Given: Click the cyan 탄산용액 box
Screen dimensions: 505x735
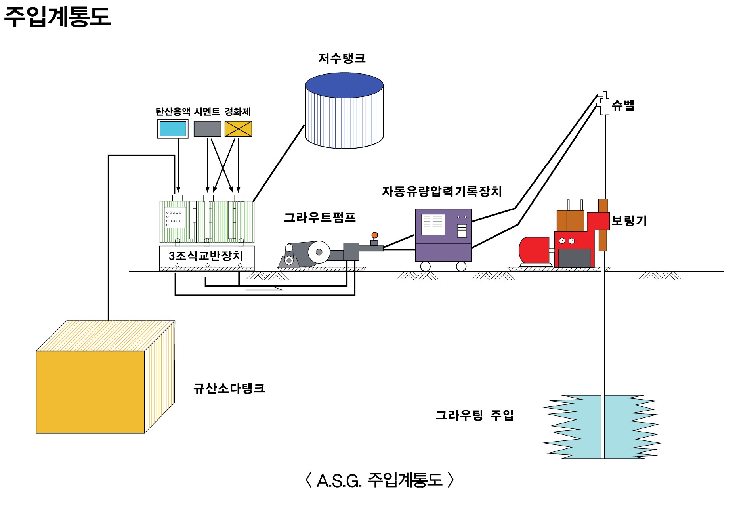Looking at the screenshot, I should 173,129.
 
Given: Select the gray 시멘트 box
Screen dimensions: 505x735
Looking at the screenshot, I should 207,129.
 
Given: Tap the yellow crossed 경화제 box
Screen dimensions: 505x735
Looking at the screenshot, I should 238,129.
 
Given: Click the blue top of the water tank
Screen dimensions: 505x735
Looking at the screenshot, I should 344,85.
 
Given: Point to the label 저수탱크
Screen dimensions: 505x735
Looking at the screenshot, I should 342,59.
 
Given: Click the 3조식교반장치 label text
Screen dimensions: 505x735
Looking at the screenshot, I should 206,256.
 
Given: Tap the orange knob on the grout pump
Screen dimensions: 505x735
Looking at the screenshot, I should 374,235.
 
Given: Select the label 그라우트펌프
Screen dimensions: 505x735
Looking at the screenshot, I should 320,218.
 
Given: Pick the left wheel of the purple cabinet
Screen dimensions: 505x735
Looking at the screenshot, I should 425,266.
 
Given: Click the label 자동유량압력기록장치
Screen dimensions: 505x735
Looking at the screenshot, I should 442,191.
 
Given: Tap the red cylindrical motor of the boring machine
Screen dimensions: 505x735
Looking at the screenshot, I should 534,250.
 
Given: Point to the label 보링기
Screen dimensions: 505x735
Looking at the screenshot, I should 629,220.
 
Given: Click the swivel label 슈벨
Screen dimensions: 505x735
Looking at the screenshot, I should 623,105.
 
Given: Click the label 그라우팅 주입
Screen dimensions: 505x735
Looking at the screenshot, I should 474,415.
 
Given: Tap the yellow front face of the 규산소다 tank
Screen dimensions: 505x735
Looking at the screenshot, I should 90,392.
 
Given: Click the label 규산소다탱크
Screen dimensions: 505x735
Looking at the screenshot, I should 229,388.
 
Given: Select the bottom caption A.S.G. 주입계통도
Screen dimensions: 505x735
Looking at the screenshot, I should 379,480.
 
